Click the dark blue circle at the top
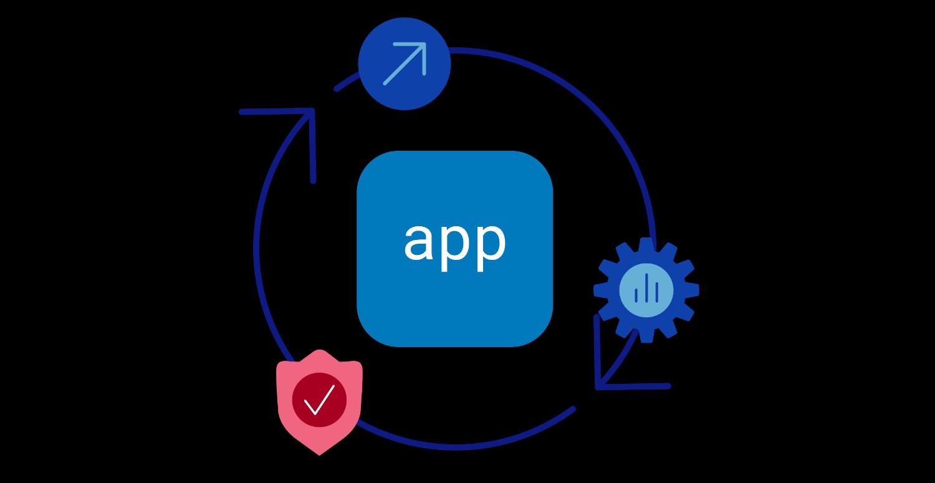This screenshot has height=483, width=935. tap(404, 64)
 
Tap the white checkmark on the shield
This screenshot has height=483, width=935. tap(319, 399)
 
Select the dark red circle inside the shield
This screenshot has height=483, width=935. tap(319, 400)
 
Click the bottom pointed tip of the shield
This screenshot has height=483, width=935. tap(319, 454)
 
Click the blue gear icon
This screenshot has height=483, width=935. tap(646, 290)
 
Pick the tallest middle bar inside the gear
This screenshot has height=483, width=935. tap(646, 287)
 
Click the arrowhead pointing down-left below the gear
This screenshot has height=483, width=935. tap(618, 367)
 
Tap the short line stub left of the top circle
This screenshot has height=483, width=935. tap(347, 81)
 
